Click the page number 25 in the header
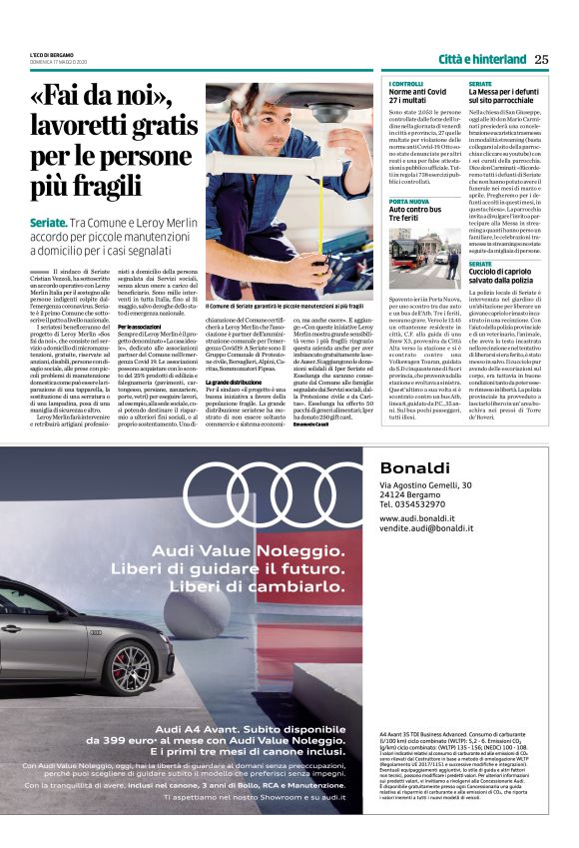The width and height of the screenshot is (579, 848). (541, 59)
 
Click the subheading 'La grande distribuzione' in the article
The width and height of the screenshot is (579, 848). (233, 383)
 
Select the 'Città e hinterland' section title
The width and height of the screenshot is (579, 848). (481, 59)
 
